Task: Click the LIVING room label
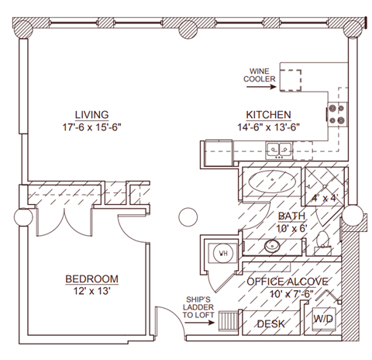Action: [91, 115]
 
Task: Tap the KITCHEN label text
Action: [268, 115]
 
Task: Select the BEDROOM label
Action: [91, 279]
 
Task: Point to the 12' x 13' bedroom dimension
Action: [92, 291]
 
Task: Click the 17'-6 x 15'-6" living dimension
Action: [91, 127]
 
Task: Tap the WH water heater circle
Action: [223, 253]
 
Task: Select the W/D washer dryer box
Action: [324, 319]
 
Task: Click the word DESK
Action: [271, 324]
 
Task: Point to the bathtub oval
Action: [272, 182]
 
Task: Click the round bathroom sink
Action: [272, 246]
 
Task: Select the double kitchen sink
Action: [279, 151]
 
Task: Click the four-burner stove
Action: [337, 114]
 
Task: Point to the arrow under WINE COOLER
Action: [261, 87]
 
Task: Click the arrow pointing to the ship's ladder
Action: [200, 323]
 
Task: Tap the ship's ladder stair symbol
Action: [229, 320]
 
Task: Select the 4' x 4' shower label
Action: [325, 199]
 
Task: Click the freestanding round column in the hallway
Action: [188, 217]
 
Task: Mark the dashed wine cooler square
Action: [291, 80]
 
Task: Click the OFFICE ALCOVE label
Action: [288, 282]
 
